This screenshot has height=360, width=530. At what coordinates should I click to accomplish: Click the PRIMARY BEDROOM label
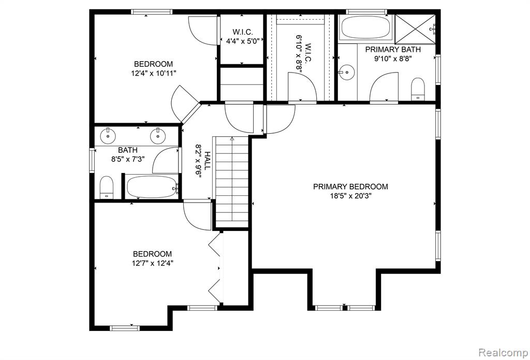point(350,186)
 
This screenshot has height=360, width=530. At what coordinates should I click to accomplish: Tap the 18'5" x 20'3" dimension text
point(350,196)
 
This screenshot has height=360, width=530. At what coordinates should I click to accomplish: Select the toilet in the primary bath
point(418,89)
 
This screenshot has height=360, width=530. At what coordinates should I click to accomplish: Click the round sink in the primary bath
point(346,71)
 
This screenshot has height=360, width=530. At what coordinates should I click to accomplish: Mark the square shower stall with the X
point(416,29)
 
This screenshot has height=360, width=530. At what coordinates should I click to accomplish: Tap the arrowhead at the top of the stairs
point(232,138)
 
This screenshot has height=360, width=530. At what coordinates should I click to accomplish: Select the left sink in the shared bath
point(108,136)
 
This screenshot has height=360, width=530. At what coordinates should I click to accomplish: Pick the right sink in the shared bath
point(157,136)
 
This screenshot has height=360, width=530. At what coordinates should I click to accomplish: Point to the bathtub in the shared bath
point(152,187)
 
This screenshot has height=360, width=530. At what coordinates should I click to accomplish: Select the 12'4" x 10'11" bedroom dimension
point(154,73)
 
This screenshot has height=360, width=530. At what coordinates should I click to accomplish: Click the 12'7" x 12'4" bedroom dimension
point(153,263)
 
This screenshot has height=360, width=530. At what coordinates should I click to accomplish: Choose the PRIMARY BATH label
point(393,49)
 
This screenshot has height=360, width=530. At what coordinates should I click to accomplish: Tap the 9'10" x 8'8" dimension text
point(393,59)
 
